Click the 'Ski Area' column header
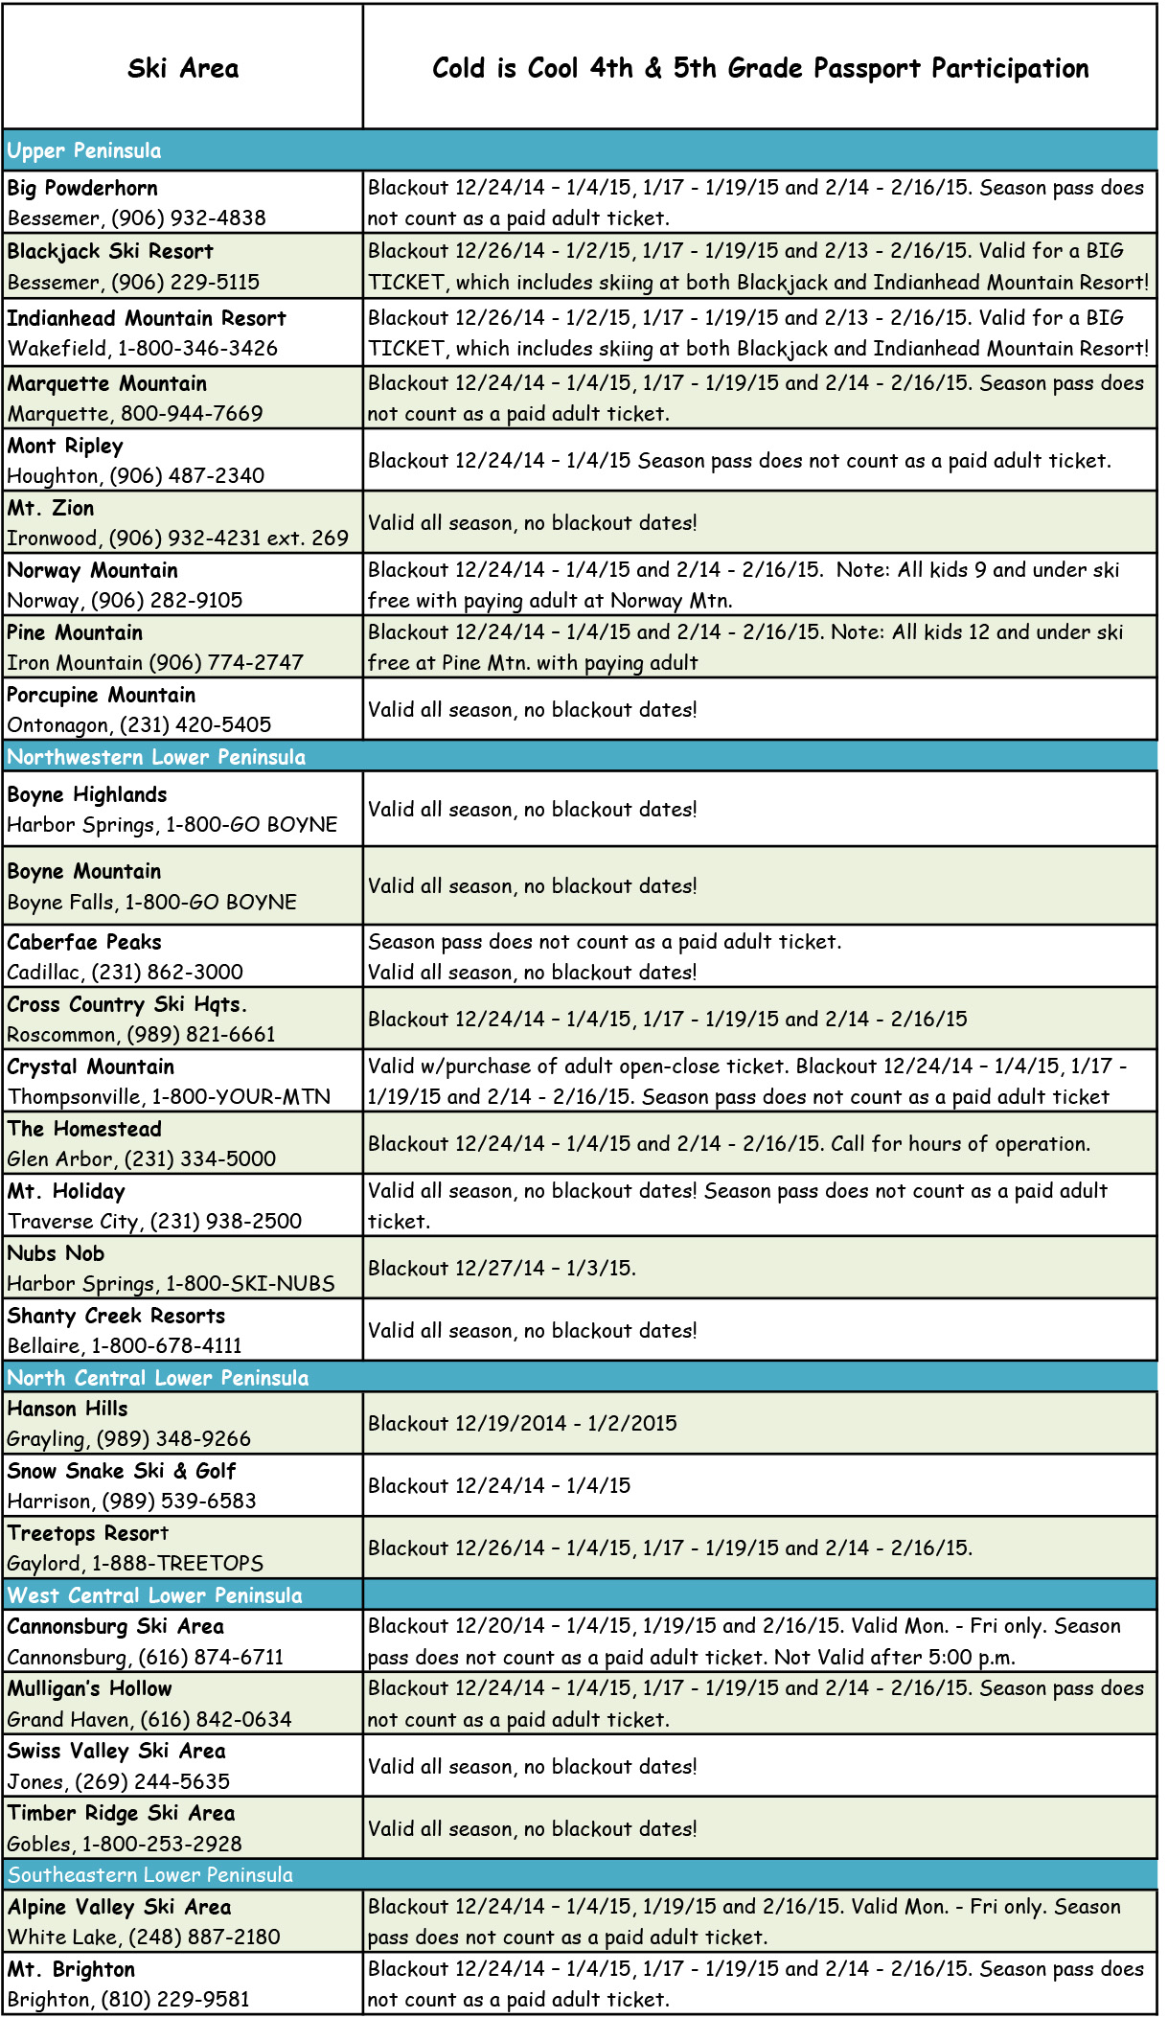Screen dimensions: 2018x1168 pyautogui.click(x=183, y=68)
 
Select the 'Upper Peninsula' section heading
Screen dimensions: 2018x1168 pyautogui.click(x=84, y=150)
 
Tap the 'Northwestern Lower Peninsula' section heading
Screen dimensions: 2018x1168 pyautogui.click(x=156, y=757)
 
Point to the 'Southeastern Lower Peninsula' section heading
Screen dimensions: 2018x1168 pyautogui.click(x=150, y=1874)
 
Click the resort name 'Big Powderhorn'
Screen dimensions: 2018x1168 pyautogui.click(x=82, y=188)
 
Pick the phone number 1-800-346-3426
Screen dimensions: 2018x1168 pyautogui.click(x=197, y=348)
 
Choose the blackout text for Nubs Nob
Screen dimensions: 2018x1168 pyautogui.click(x=502, y=1268)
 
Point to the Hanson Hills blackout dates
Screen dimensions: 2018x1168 pyautogui.click(x=522, y=1423)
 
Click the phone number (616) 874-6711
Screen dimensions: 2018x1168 pyautogui.click(x=211, y=1657)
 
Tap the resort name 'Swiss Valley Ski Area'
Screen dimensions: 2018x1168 pyautogui.click(x=117, y=1751)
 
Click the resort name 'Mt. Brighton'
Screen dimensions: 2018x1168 pyautogui.click(x=72, y=1969)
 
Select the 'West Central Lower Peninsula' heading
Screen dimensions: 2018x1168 pyautogui.click(x=155, y=1595)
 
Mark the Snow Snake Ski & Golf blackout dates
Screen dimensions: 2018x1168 pyautogui.click(x=499, y=1485)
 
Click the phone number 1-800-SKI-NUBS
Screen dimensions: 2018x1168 pyautogui.click(x=250, y=1283)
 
